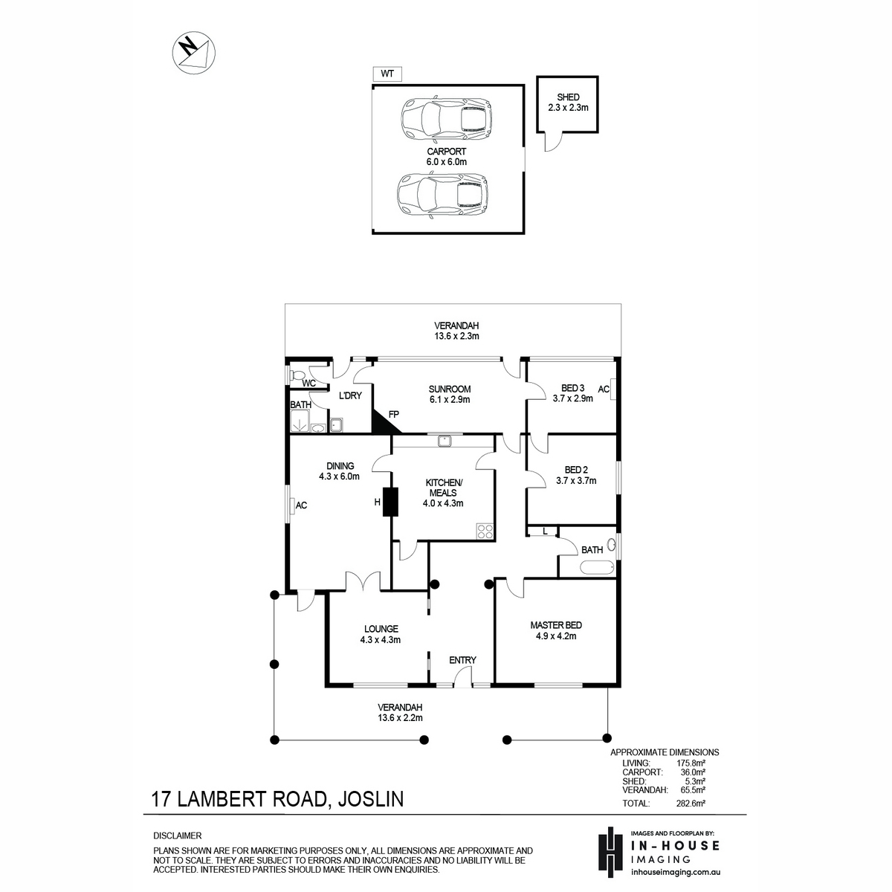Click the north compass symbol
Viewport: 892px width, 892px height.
point(194,53)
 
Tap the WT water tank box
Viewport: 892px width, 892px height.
point(387,74)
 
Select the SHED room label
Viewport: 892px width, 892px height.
point(568,97)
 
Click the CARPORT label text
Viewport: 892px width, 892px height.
point(446,152)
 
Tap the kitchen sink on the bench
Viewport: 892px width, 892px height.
point(445,440)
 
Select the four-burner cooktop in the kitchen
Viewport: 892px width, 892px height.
point(485,531)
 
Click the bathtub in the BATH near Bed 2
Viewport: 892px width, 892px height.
point(597,567)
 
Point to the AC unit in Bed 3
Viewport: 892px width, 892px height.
point(613,389)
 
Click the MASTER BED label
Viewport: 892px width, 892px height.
point(556,625)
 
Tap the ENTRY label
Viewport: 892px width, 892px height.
point(462,660)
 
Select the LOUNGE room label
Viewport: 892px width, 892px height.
point(381,629)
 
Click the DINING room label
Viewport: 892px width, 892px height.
point(340,466)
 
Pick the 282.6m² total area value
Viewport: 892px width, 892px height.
point(691,803)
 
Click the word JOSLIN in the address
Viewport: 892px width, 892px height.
point(371,799)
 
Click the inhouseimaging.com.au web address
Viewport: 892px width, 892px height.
point(676,872)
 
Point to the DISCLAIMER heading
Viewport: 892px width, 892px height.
point(178,836)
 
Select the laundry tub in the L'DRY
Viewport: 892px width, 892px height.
point(336,424)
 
